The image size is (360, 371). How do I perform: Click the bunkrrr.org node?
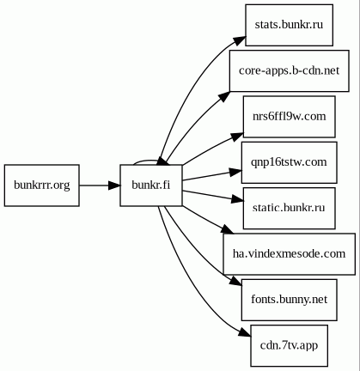42,185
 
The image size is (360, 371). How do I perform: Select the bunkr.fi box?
151,185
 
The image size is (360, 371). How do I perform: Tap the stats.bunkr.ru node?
289,25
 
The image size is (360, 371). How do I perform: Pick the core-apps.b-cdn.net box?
290,71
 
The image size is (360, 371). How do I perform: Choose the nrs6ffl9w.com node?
290,117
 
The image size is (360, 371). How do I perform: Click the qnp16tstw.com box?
290,162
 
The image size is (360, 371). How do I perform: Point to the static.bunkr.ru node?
290,209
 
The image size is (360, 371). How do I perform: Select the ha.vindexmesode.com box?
290,254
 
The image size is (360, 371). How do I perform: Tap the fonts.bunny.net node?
290,300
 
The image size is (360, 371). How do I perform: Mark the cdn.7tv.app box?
290,346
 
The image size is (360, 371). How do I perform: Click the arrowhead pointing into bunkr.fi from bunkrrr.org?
114,185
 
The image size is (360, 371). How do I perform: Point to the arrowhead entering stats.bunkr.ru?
240,40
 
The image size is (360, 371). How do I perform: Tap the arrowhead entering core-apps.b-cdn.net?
224,96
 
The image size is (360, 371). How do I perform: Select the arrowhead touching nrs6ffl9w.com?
237,137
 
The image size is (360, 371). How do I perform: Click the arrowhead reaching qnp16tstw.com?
235,172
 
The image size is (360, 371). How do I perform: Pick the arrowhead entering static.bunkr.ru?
237,199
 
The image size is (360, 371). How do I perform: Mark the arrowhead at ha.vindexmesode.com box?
229,230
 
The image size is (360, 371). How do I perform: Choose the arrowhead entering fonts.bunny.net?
236,281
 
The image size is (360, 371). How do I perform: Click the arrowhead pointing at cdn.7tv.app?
245,332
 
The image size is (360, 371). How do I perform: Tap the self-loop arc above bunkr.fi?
146,161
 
